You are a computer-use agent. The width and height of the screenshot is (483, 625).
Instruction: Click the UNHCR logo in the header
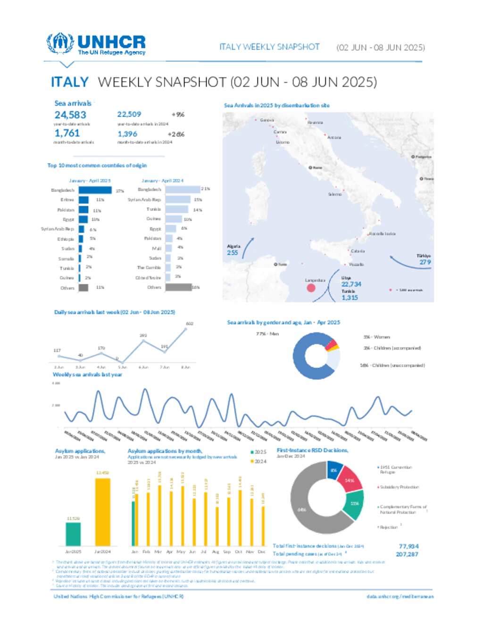click(96, 44)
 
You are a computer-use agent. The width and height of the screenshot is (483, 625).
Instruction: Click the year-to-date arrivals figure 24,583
click(70, 115)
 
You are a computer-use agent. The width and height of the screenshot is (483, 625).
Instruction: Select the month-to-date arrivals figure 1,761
click(67, 133)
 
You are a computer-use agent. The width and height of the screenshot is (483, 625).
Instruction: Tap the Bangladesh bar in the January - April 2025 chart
click(95, 190)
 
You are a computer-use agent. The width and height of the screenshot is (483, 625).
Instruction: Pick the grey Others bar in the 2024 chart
click(178, 287)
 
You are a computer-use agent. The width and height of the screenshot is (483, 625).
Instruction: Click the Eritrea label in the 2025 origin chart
click(67, 200)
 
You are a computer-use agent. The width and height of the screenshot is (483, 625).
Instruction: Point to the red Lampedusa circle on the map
click(311, 287)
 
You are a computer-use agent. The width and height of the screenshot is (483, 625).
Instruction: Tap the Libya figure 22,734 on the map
click(351, 284)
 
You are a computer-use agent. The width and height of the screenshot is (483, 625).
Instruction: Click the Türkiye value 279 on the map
click(425, 262)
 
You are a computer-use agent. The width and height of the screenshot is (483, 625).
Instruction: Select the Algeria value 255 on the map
click(233, 253)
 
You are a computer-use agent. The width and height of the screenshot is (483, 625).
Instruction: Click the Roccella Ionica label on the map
click(383, 234)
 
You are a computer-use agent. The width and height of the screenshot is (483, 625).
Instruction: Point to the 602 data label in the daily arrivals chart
click(190, 324)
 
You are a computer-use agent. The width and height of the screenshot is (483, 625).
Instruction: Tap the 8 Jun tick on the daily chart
click(186, 367)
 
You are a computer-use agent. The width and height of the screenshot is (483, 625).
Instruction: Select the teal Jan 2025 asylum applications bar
click(73, 533)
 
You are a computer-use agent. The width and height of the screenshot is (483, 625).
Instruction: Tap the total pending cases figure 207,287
click(407, 554)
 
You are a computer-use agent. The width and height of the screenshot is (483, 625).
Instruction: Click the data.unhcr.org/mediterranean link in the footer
click(400, 597)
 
